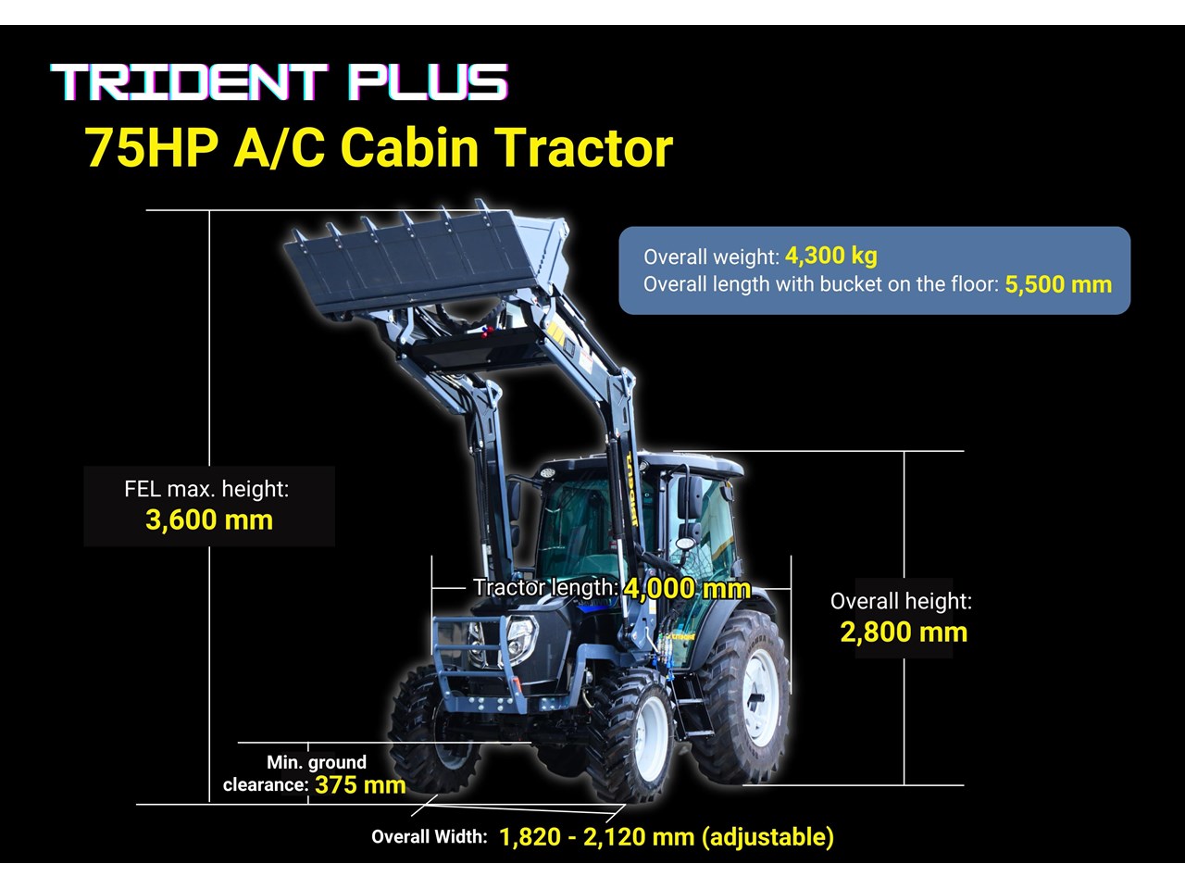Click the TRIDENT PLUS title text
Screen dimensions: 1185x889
279,82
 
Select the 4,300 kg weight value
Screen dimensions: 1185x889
830,256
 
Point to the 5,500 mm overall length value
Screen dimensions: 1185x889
1058,284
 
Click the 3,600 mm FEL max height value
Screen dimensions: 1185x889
209,520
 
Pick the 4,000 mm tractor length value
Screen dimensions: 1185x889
687,588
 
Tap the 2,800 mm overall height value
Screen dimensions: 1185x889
904,632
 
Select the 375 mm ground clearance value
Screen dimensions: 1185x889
360,785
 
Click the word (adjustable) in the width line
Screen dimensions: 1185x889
767,837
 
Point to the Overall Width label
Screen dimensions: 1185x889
430,836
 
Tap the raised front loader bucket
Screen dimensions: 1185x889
427,261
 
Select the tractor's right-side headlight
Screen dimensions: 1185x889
521,639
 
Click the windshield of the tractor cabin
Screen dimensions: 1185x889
580,526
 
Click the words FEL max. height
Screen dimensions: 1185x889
206,489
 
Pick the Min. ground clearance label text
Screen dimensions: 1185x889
294,773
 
